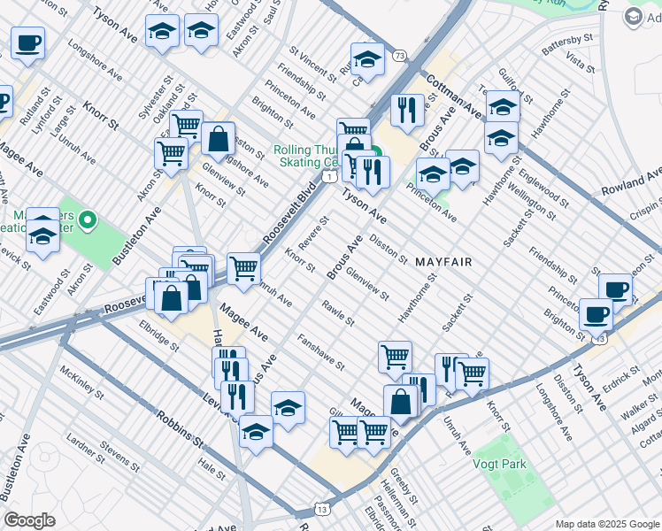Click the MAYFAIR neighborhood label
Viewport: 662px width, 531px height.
pyautogui.click(x=443, y=262)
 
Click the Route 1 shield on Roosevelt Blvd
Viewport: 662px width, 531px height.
pyautogui.click(x=328, y=177)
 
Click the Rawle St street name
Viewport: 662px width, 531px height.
pyautogui.click(x=338, y=313)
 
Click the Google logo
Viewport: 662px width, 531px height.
pyautogui.click(x=29, y=520)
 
